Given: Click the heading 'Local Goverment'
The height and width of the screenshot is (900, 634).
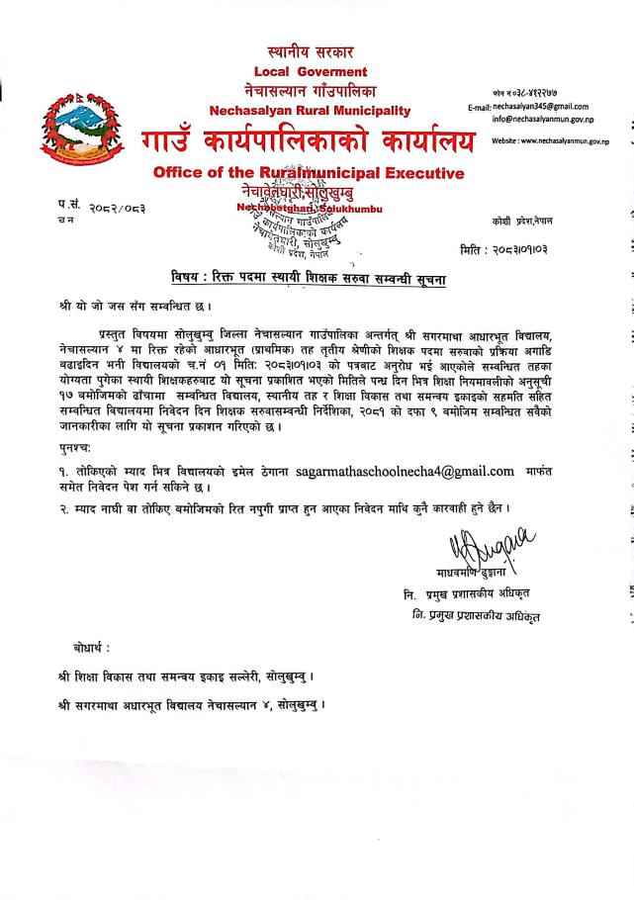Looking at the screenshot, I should click(310, 71).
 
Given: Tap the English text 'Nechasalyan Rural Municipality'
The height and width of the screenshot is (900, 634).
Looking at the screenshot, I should click(310, 110).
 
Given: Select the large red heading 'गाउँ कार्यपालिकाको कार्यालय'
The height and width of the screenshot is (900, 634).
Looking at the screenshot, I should click(307, 141).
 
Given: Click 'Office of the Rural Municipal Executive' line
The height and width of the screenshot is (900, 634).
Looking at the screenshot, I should click(309, 173).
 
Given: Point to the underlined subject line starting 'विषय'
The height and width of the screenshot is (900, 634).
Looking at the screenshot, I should click(308, 280).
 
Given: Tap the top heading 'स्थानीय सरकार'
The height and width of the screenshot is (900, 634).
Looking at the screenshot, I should click(310, 50).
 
